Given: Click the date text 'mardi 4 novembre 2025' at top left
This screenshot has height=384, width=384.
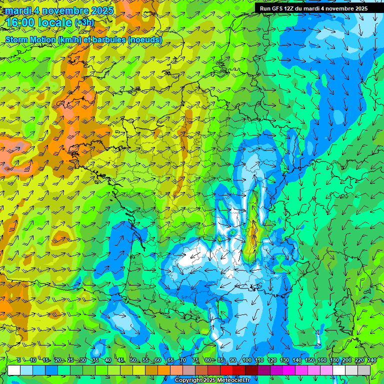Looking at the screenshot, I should [x=59, y=10].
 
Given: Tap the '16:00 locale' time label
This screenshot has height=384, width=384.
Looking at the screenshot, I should [x=38, y=22].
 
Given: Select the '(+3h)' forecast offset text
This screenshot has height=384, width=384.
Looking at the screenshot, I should [x=84, y=22].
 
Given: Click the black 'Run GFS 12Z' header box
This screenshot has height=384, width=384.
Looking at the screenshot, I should [x=313, y=8].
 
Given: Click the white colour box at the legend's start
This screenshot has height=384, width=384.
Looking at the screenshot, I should [x=14, y=370].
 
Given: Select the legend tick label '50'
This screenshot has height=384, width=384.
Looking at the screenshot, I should [x=133, y=360].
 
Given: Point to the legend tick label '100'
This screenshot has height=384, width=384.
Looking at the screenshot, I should [x=246, y=360].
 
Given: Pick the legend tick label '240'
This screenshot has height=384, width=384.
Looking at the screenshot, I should [x=371, y=360].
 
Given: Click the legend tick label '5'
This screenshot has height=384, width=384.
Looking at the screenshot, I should [x=19, y=360].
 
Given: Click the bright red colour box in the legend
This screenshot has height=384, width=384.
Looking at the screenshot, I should [x=226, y=370].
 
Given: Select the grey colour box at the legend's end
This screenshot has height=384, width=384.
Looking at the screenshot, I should [x=364, y=370].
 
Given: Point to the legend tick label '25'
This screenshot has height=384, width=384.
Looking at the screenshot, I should [x=70, y=360].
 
